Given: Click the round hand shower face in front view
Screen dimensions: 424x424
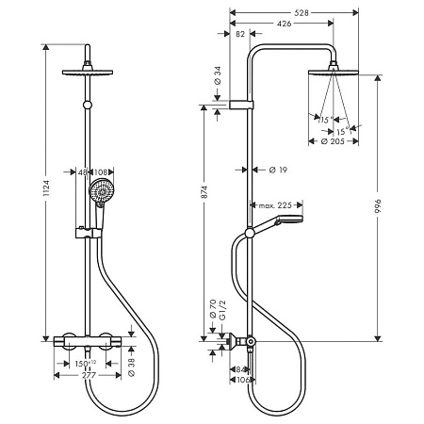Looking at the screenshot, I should (99, 197).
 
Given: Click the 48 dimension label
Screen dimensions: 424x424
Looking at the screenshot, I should (83, 172).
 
